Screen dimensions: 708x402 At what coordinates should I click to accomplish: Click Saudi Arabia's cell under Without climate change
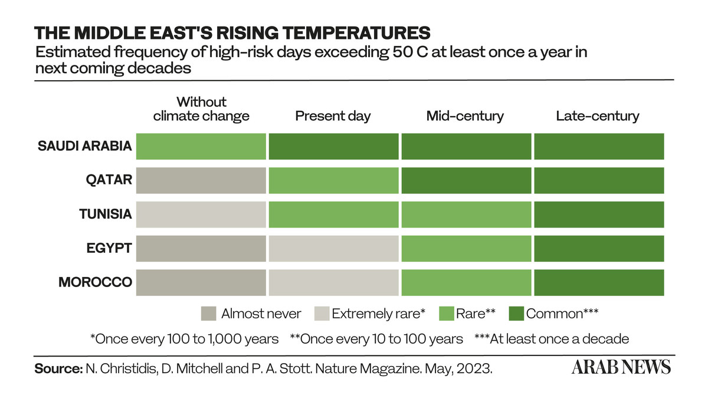coord(201,146)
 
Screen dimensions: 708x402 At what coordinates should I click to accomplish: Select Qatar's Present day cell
coord(334,180)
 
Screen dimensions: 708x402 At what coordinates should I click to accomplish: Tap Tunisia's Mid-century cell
coord(467,215)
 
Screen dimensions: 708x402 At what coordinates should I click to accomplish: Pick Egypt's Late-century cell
coord(599,249)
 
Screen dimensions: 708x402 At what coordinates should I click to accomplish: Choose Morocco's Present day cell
coord(334,282)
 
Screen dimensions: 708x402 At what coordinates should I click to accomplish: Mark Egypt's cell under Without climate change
coord(201,249)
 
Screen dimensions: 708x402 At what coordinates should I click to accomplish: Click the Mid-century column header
coord(465,116)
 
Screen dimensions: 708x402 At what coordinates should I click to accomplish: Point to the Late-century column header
coord(598,116)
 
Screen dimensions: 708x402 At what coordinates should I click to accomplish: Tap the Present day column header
coord(333,116)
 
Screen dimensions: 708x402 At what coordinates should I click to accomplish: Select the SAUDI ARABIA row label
coord(85,146)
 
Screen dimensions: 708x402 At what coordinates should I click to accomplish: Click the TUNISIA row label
coord(106,214)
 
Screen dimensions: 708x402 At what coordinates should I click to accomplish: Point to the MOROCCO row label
coord(96,282)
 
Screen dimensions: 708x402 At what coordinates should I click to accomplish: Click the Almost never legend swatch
coord(209,314)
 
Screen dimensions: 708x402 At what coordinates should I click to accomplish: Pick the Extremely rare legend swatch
coord(322,314)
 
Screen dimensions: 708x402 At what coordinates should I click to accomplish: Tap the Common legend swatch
coord(516,314)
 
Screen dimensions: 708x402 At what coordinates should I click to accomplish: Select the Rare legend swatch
coord(447,314)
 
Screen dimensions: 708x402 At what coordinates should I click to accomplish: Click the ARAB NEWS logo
coord(621,367)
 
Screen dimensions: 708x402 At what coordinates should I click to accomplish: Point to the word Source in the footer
coord(58,368)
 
